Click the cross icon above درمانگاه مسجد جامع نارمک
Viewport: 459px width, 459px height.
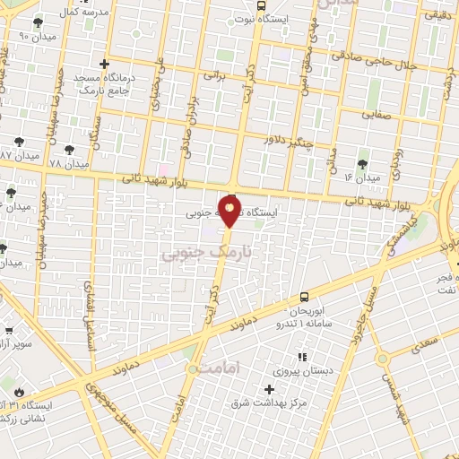[106, 65]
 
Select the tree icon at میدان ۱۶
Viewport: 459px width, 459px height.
[362, 164]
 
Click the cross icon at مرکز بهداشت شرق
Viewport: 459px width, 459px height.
[269, 388]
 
